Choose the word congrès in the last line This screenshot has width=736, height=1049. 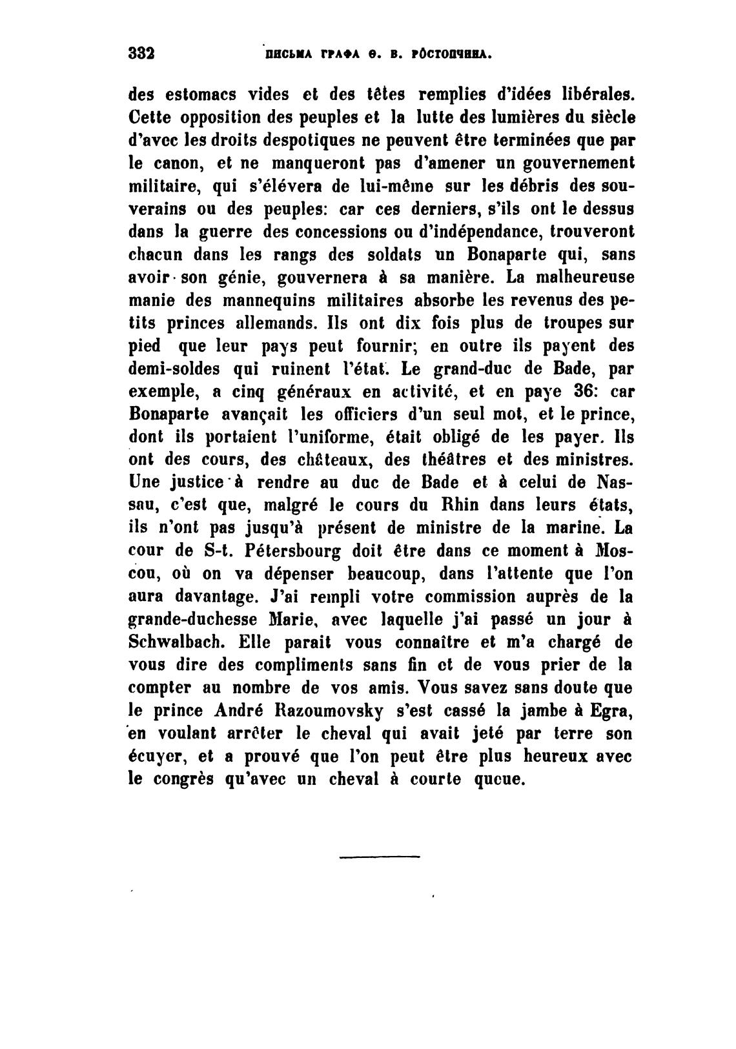[181, 779]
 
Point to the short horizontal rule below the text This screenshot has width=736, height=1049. [379, 857]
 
